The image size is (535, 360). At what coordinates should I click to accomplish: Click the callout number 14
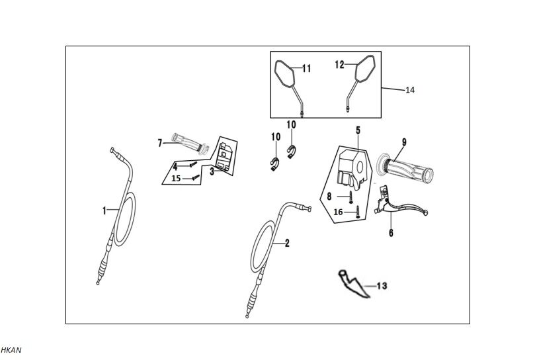tap(410, 90)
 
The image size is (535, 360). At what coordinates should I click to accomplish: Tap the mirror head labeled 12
tap(365, 69)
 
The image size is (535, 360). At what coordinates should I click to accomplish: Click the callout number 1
tap(104, 210)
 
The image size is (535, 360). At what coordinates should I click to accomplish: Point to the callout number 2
tap(287, 243)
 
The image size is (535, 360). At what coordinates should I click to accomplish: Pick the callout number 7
tap(159, 142)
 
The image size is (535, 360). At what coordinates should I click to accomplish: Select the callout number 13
tap(382, 286)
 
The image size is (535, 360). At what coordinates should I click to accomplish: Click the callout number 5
tap(357, 130)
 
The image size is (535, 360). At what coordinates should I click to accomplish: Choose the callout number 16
tap(338, 212)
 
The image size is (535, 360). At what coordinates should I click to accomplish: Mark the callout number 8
tap(329, 196)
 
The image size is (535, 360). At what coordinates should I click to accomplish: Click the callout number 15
tap(176, 179)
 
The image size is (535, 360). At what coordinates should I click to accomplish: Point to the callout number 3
tap(212, 170)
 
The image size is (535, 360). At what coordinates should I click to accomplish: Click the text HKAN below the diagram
tap(11, 349)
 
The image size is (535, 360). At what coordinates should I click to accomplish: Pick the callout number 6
tap(391, 233)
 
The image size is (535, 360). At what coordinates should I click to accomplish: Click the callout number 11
tap(306, 68)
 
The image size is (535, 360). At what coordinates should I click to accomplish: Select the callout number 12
tap(339, 65)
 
